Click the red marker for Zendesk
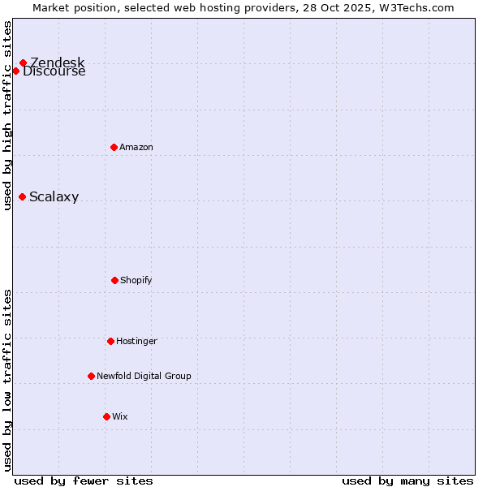[23, 62]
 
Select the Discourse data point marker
[15, 71]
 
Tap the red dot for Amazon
[114, 147]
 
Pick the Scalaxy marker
[22, 196]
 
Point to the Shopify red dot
[114, 280]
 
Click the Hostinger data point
[110, 341]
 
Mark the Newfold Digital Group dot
[91, 376]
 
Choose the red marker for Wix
[106, 416]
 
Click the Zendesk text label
[58, 62]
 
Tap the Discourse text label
[54, 71]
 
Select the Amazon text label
[136, 147]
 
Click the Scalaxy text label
[54, 197]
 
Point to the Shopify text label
[136, 280]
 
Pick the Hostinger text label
[136, 341]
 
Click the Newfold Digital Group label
[144, 376]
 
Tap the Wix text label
[120, 416]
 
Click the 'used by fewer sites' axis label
[84, 481]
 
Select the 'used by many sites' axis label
[407, 481]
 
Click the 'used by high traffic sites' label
[8, 115]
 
